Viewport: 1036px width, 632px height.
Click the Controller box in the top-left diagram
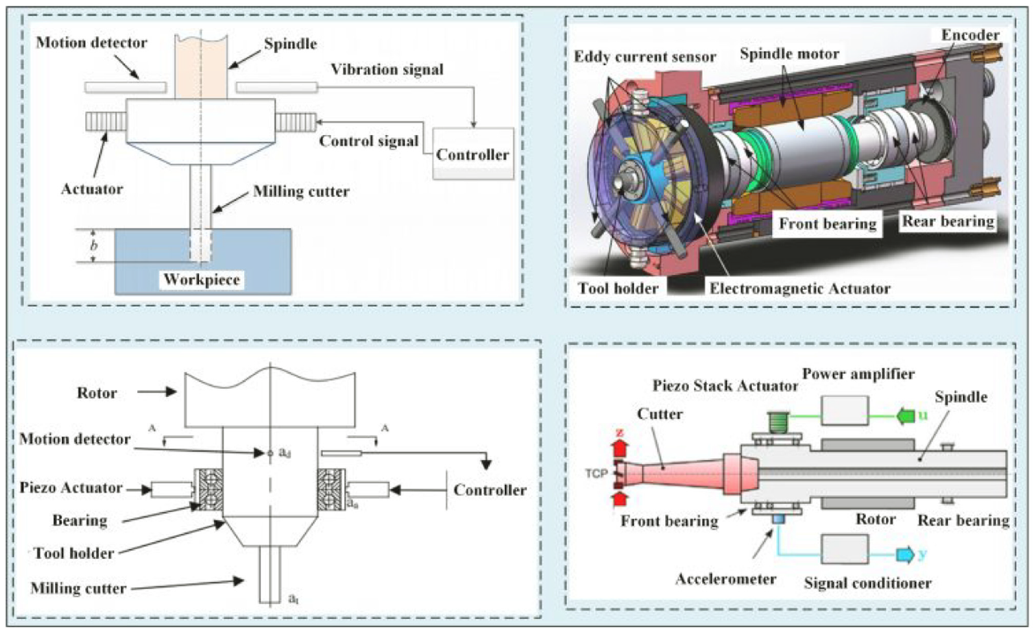tap(472, 154)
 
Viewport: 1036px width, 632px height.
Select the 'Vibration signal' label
tap(387, 70)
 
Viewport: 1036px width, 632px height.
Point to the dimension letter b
tap(93, 245)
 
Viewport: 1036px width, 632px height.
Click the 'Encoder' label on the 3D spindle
tap(970, 35)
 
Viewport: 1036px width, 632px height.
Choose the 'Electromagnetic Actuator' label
tap(800, 289)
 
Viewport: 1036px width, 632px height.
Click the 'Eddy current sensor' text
tap(645, 57)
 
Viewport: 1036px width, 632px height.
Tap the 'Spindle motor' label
tap(789, 54)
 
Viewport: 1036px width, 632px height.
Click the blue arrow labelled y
tap(906, 555)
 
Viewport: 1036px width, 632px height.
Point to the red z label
tap(621, 433)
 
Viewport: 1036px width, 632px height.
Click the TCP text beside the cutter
tap(596, 474)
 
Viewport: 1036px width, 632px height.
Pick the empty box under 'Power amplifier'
tap(845, 410)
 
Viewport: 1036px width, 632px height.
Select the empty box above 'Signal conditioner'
tap(845, 548)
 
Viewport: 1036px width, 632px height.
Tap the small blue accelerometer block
tap(778, 520)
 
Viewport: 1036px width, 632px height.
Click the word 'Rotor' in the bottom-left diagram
tap(97, 393)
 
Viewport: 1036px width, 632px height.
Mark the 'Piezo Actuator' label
tap(71, 488)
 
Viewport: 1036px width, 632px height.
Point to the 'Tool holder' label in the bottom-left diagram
tap(74, 553)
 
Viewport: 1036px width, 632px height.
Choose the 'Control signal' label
tap(369, 141)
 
